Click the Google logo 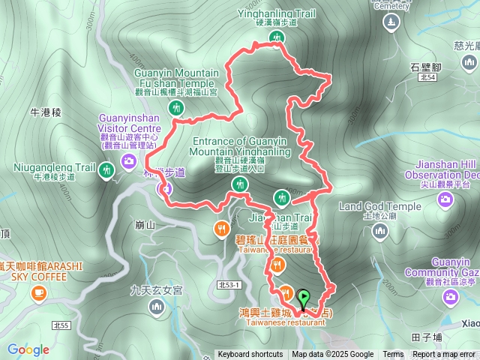[x=28, y=349]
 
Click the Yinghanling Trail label [x=267, y=12]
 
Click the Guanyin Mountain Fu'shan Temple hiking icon [x=175, y=107]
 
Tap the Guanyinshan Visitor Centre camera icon [x=129, y=160]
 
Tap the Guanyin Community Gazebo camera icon [x=451, y=297]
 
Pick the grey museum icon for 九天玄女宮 [x=156, y=306]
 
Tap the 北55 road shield [x=62, y=325]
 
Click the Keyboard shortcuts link [x=250, y=355]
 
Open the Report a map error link [x=443, y=355]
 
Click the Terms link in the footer [x=393, y=355]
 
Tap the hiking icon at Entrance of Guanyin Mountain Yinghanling [x=241, y=184]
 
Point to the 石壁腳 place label [x=425, y=66]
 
